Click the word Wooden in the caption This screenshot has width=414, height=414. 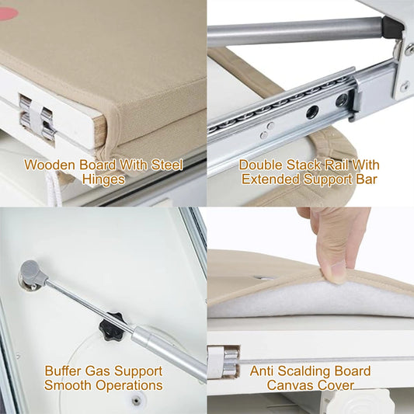tap(50, 165)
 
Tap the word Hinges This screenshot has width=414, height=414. tap(103, 179)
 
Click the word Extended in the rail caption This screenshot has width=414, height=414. tap(271, 179)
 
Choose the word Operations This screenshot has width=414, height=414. tap(129, 385)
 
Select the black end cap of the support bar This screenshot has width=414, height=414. tap(392, 27)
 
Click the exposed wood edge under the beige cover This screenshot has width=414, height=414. tap(99, 133)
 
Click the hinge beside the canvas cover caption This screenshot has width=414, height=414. tap(224, 362)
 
